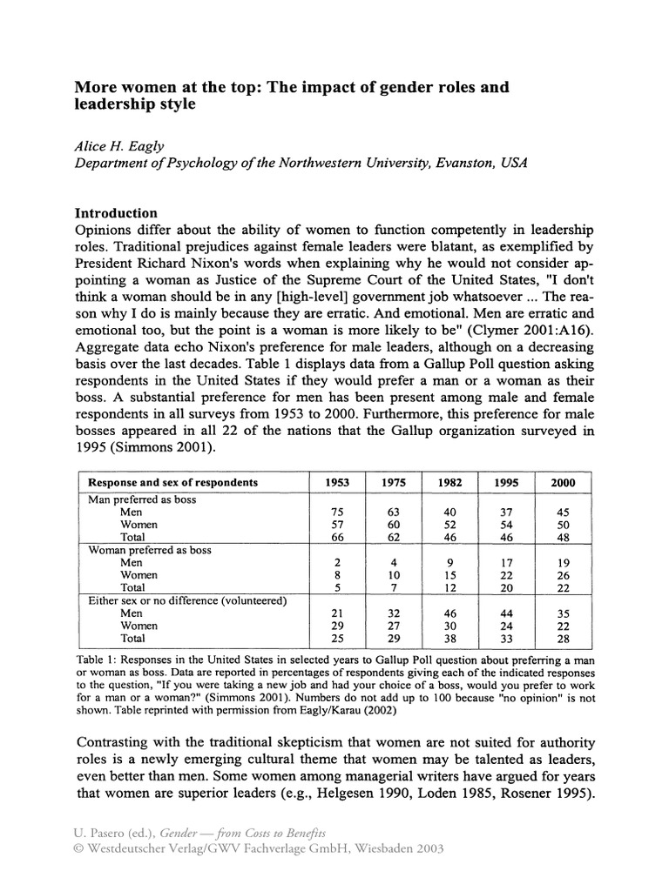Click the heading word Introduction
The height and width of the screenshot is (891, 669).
116,213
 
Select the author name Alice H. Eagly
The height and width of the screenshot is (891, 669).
117,147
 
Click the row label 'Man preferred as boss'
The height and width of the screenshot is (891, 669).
142,500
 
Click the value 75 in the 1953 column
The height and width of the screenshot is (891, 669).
335,513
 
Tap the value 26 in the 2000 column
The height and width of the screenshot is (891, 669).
564,576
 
